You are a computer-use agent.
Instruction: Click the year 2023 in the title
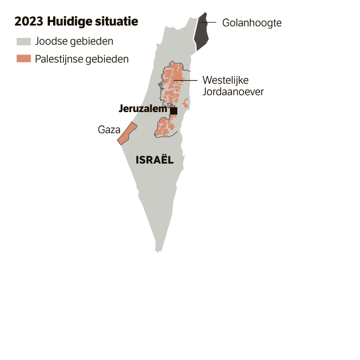pyautogui.click(x=27, y=22)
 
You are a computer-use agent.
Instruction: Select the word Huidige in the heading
pyautogui.click(x=65, y=22)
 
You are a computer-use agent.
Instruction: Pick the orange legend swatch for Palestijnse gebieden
pyautogui.click(x=23, y=59)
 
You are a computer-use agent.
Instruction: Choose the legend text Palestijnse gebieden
pyautogui.click(x=82, y=59)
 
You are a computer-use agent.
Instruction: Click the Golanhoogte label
pyautogui.click(x=252, y=22)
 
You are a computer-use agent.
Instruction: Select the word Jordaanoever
pyautogui.click(x=233, y=91)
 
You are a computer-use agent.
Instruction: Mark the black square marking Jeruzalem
pyautogui.click(x=174, y=110)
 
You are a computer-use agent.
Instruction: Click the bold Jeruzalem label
pyautogui.click(x=143, y=108)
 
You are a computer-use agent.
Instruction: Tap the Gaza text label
pyautogui.click(x=109, y=130)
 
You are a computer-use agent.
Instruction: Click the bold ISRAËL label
pyautogui.click(x=154, y=160)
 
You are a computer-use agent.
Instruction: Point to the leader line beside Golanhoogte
pyautogui.click(x=208, y=22)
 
